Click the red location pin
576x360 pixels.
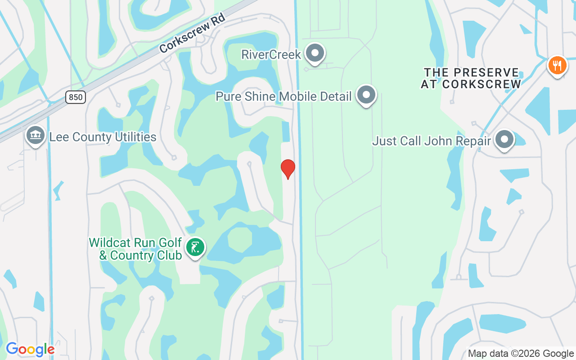(x=288, y=169)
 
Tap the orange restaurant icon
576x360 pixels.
(x=557, y=66)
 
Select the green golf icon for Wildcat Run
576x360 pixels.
(x=195, y=247)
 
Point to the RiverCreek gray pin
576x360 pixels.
(x=315, y=54)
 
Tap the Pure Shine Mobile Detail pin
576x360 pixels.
(x=366, y=95)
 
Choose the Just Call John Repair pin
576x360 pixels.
(x=504, y=139)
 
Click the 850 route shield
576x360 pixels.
(x=76, y=97)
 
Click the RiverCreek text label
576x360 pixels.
(x=271, y=55)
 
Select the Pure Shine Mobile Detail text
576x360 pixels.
(x=283, y=96)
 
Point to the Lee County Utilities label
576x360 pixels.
(x=103, y=137)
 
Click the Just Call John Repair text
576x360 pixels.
(x=431, y=141)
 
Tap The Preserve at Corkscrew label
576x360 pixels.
(x=471, y=78)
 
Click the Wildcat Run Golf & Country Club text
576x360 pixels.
(x=135, y=249)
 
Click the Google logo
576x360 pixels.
(x=30, y=350)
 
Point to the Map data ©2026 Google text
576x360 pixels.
(x=521, y=354)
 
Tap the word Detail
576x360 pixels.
(x=334, y=96)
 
